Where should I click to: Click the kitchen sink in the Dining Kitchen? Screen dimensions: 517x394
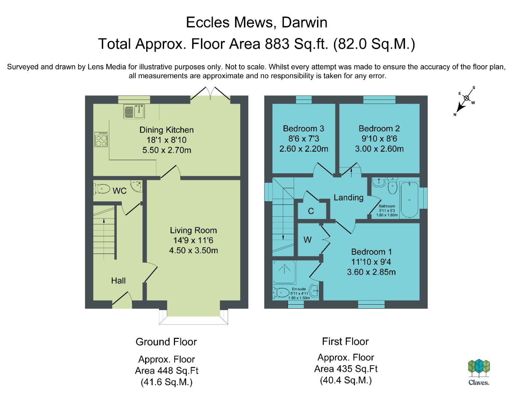134,111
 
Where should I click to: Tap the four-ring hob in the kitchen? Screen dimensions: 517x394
101,139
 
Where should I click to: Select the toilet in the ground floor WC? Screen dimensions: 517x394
102,189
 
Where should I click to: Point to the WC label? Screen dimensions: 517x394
120,191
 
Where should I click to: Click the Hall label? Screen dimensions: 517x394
118,281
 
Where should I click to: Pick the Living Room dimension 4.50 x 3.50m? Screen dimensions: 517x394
193,250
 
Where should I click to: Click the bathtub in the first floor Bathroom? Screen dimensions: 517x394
409,199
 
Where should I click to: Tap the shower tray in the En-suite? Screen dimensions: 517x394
284,272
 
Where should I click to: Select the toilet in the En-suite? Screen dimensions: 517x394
281,293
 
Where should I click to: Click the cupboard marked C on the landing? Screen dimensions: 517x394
311,210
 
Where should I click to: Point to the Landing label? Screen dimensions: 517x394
348,197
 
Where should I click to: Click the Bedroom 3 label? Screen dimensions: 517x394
303,128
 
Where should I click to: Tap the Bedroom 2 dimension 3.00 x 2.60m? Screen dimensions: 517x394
379,149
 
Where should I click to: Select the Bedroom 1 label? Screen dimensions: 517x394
371,252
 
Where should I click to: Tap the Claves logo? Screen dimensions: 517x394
479,372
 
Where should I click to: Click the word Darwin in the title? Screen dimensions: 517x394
304,23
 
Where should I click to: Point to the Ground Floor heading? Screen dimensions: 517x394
166,342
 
